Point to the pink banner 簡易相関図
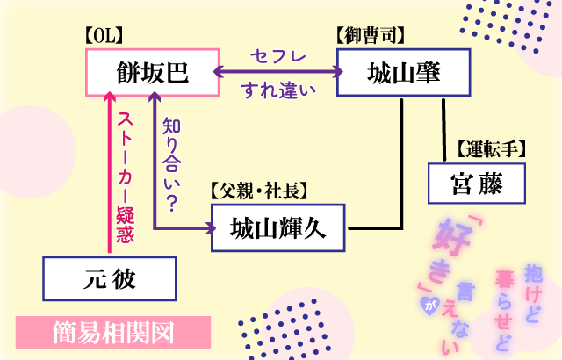pyautogui.click(x=113, y=334)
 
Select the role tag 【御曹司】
pyautogui.click(x=370, y=36)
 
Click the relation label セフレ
pyautogui.click(x=278, y=56)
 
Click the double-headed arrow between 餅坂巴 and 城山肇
pyautogui.click(x=277, y=72)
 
